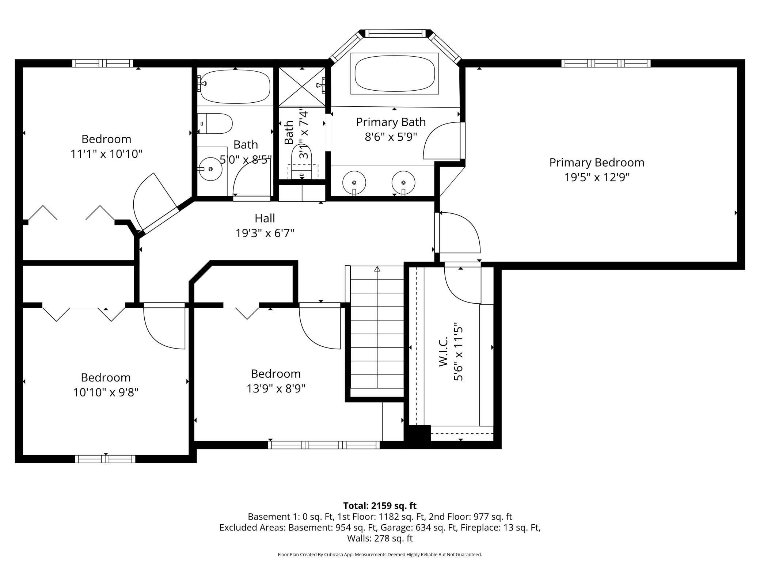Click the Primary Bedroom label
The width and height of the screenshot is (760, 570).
[597, 163]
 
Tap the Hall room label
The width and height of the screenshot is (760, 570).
[265, 218]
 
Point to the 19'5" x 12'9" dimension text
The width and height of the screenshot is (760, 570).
[597, 177]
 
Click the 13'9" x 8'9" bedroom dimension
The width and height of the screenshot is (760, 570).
[276, 388]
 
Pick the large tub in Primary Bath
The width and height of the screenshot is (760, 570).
[395, 73]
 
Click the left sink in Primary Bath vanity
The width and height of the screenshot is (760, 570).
[354, 182]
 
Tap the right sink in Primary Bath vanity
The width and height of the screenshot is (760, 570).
[403, 182]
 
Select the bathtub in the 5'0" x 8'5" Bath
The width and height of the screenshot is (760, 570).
[235, 86]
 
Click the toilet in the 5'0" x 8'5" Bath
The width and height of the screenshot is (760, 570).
[215, 123]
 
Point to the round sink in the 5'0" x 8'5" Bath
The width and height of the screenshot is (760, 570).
[210, 169]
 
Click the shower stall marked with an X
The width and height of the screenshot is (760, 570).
[302, 87]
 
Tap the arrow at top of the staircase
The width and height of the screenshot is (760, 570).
[377, 269]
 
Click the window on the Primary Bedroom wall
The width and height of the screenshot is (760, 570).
[606, 63]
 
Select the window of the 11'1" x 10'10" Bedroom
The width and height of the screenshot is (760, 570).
[102, 63]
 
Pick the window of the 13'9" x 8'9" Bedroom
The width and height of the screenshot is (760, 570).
[324, 445]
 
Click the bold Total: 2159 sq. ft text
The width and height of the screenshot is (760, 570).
[380, 506]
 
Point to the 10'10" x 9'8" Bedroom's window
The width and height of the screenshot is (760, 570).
[105, 459]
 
